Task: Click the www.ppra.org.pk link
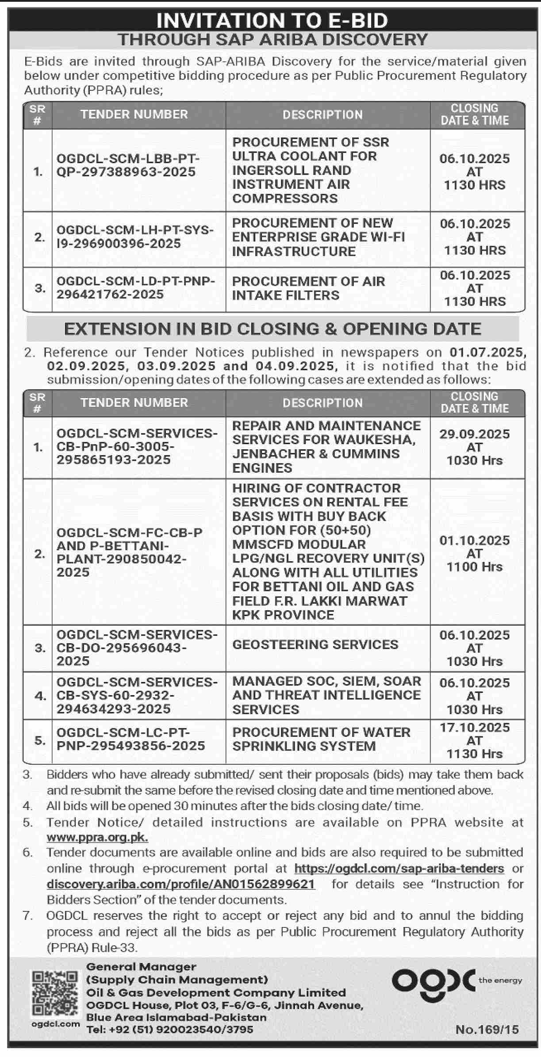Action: [x=97, y=837]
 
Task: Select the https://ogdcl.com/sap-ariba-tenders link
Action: [x=399, y=868]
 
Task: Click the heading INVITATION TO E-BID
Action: [x=272, y=20]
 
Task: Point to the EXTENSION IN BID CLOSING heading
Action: [x=272, y=329]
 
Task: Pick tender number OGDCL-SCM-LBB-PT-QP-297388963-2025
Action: [x=128, y=165]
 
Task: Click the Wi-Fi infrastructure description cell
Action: [x=318, y=237]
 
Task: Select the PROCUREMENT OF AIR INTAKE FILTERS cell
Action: [x=308, y=288]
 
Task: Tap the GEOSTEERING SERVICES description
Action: [x=315, y=644]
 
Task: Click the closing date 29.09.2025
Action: [x=474, y=434]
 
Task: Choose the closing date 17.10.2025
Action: [x=474, y=728]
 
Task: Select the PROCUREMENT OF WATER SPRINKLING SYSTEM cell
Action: [x=321, y=739]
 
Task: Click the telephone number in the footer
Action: [x=170, y=1030]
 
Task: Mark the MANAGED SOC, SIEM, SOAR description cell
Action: [x=326, y=695]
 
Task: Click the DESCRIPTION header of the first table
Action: [x=322, y=115]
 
